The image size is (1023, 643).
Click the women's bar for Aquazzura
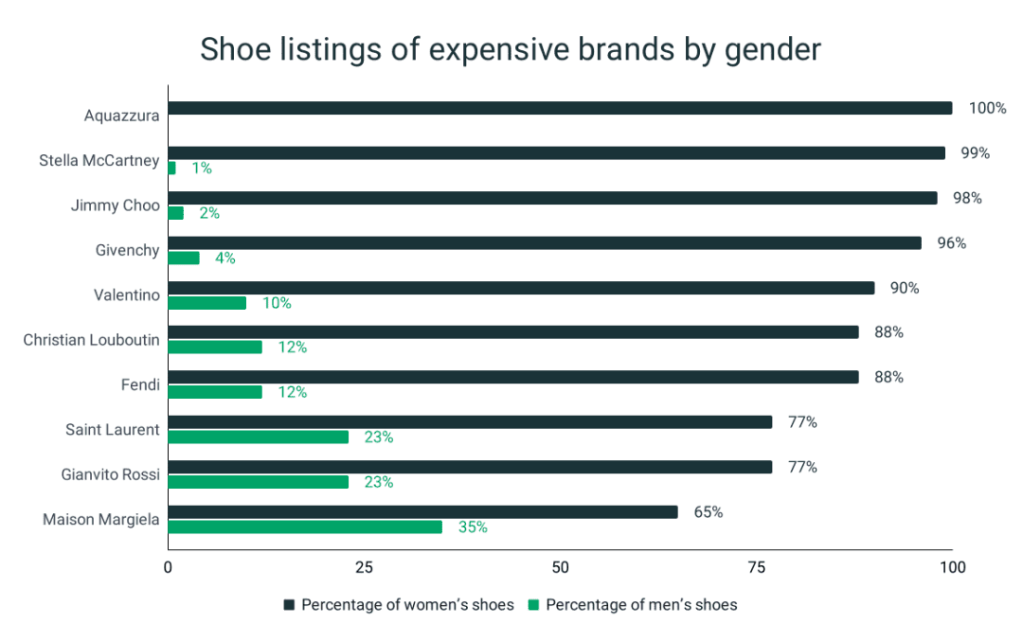559,108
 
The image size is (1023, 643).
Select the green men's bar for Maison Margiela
305,527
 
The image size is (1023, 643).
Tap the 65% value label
708,512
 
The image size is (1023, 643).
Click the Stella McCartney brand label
99,160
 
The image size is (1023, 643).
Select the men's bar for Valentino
207,303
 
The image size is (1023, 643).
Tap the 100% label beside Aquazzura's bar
987,108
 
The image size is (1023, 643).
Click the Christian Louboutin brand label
92,339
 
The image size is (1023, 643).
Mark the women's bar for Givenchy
545,243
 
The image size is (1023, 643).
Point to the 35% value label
473,527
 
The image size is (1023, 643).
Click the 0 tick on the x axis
169,567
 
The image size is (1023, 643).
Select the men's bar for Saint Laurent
259,438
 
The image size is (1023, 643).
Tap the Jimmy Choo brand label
116,205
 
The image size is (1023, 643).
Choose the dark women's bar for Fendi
513,377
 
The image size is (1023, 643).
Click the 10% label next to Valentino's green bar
277,303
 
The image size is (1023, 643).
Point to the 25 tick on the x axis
364,567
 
